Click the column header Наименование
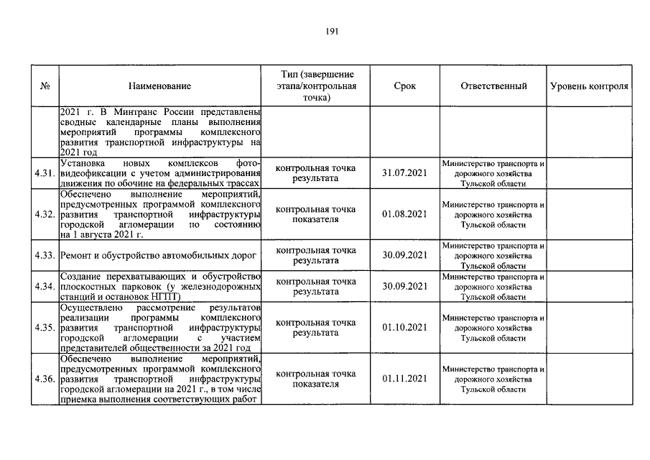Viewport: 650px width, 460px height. point(159,86)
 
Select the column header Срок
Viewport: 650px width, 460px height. point(404,86)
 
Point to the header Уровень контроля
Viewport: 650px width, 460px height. point(589,86)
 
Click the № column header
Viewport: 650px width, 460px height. point(45,86)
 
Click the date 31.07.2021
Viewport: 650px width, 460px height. point(404,174)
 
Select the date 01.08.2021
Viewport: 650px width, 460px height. point(404,214)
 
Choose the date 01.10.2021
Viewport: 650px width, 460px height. point(404,328)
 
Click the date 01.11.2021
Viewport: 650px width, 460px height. point(404,379)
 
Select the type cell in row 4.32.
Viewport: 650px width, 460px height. point(316,214)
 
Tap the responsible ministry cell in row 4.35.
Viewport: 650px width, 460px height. point(493,328)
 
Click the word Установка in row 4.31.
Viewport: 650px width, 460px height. point(82,163)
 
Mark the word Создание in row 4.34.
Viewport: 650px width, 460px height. point(81,276)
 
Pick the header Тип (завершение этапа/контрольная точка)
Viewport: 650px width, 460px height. point(316,86)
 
